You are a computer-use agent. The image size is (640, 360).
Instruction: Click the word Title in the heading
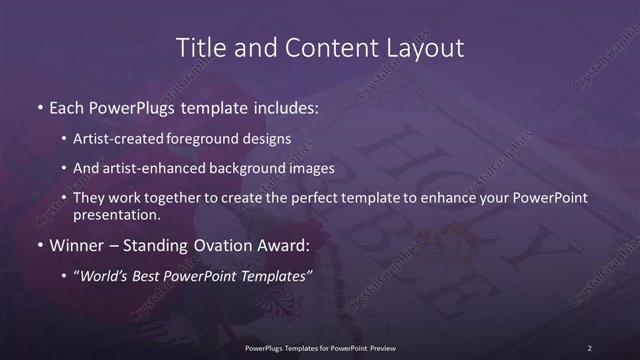pyautogui.click(x=201, y=47)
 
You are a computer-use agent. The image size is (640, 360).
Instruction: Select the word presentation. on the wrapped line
pyautogui.click(x=117, y=214)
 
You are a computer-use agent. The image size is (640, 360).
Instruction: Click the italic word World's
pyautogui.click(x=104, y=275)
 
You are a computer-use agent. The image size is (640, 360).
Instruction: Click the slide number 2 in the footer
pyautogui.click(x=589, y=348)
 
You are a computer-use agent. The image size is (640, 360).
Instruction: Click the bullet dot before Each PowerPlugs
pyautogui.click(x=39, y=107)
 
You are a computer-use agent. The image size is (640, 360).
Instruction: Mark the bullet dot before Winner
pyautogui.click(x=39, y=244)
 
